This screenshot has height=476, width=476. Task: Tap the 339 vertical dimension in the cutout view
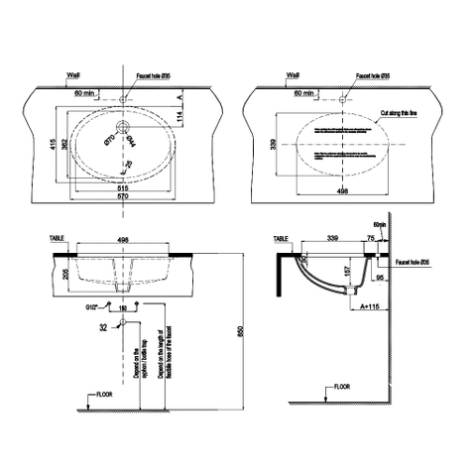pos(274,147)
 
